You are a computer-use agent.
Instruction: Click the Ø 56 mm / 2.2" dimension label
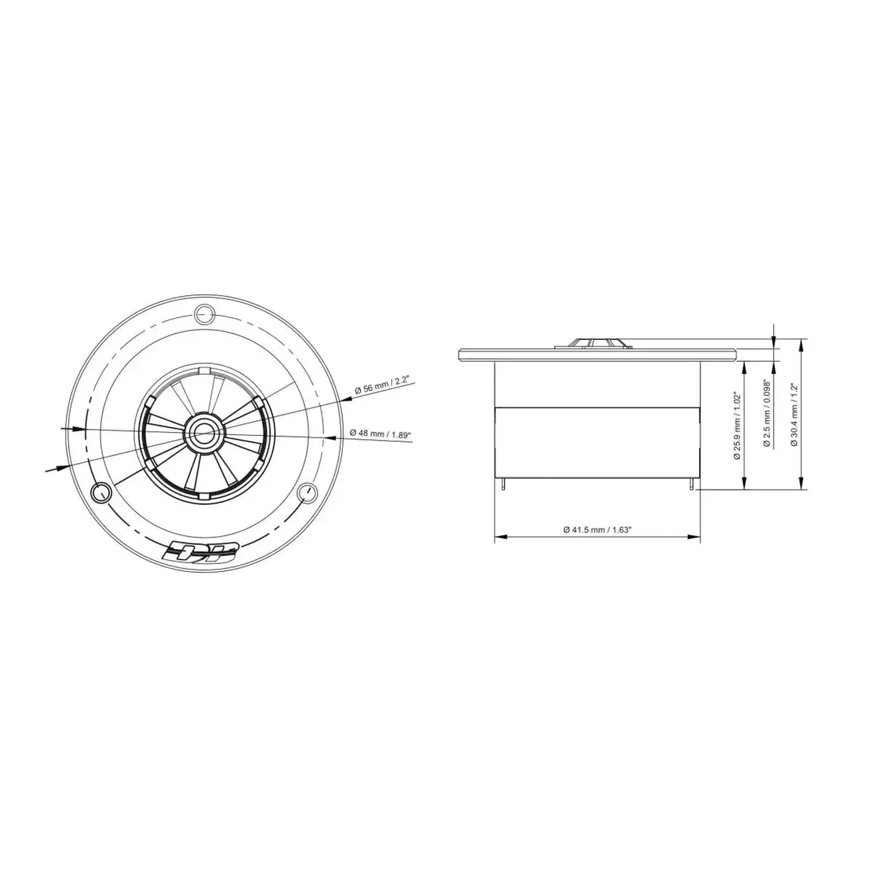pos(382,386)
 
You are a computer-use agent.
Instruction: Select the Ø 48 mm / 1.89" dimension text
pos(381,434)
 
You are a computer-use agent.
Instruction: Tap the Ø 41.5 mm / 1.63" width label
pos(597,530)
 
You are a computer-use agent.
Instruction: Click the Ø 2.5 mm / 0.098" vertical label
pos(766,414)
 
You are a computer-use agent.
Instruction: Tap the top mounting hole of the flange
pos(204,314)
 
